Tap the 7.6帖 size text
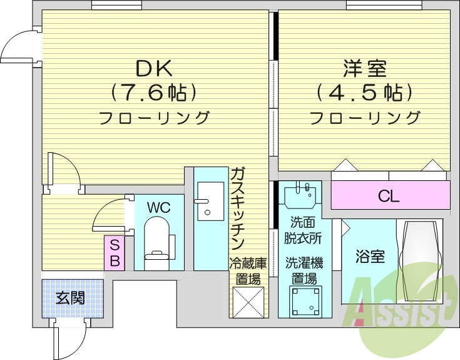154,93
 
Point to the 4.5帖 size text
364,93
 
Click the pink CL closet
389,196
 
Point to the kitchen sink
210,201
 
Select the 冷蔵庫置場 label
247,271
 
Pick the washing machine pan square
307,302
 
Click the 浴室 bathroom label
371,257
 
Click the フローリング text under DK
154,117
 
